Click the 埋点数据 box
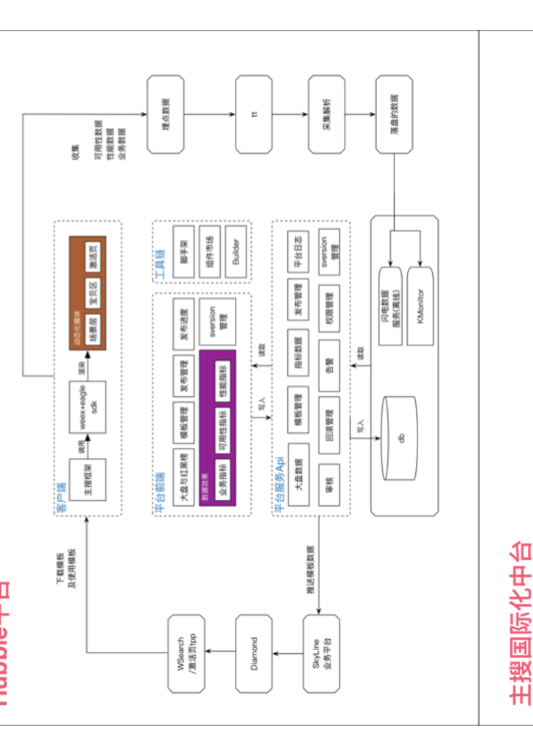tap(165, 113)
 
